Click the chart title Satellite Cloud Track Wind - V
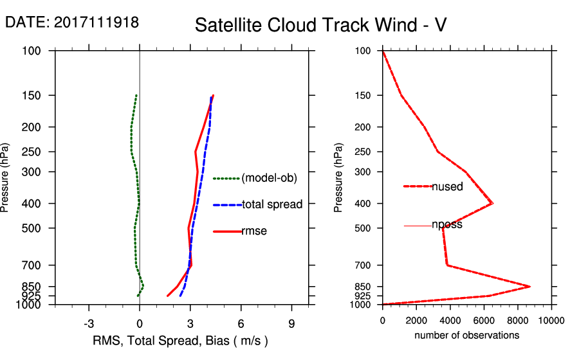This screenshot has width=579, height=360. click(x=320, y=25)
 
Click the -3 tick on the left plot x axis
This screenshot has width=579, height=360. click(x=89, y=323)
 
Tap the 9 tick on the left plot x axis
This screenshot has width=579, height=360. click(x=291, y=323)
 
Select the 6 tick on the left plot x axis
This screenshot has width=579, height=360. click(x=241, y=323)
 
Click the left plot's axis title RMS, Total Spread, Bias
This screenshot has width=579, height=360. click(x=180, y=341)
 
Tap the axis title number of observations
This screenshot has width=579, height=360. click(x=466, y=336)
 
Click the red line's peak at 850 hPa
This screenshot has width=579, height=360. click(x=530, y=286)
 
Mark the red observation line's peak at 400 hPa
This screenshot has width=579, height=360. click(x=493, y=203)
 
